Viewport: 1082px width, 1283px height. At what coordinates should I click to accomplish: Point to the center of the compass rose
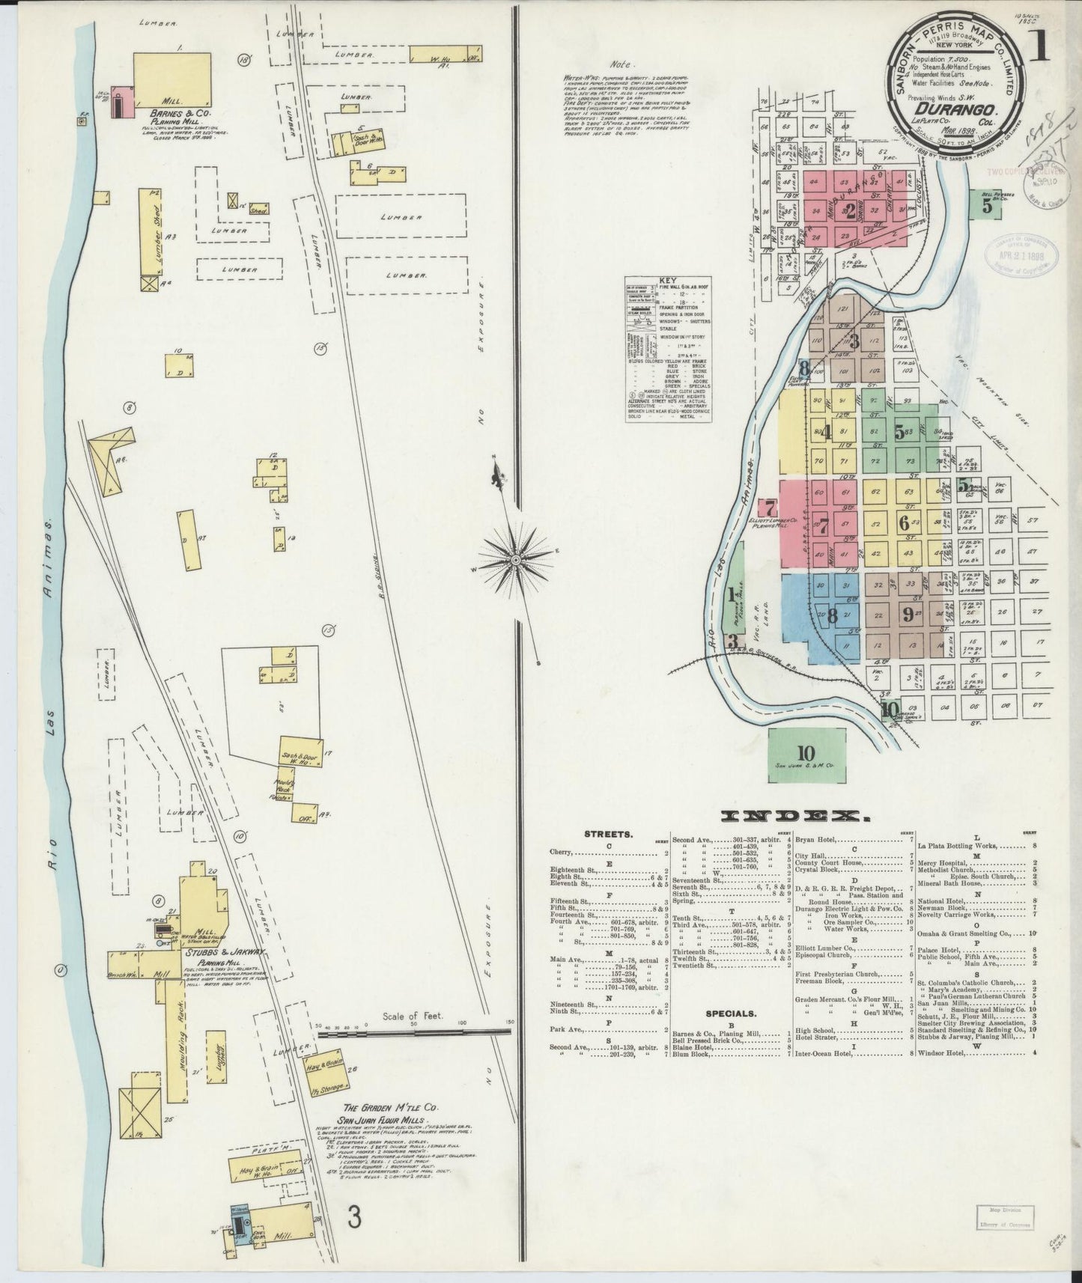[516, 558]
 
